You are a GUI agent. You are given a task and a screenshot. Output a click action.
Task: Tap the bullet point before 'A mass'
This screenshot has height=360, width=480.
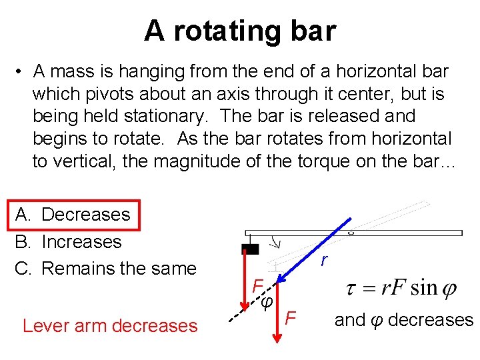[21, 71]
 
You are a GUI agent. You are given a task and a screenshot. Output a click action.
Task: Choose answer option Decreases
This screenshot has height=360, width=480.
[85, 215]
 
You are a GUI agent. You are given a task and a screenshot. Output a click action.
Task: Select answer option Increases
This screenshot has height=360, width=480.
[81, 241]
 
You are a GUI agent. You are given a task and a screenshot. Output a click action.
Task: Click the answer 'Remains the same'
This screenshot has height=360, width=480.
[119, 269]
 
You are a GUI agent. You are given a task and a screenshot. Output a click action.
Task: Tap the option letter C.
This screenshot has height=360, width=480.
[23, 269]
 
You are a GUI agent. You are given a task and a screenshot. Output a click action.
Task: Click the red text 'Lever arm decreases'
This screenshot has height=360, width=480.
[110, 326]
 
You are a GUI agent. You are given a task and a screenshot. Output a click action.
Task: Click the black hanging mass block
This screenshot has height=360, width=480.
[250, 249]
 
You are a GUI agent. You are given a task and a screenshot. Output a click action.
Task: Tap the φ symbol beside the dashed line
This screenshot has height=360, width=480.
[267, 302]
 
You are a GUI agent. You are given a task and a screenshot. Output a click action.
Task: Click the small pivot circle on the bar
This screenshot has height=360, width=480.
[351, 233]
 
